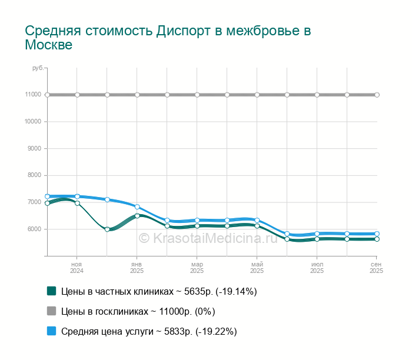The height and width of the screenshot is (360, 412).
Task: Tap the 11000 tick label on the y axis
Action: (33, 95)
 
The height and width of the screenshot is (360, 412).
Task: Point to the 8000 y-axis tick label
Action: (34, 175)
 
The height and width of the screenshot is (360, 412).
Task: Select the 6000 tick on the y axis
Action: (34, 229)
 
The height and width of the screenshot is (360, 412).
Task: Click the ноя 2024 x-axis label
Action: (77, 268)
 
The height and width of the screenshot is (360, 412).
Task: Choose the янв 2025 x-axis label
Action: (137, 268)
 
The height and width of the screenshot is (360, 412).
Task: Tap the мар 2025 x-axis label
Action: (197, 268)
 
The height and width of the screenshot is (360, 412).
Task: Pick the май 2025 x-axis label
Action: (257, 268)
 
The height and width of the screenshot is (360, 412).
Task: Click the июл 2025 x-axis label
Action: (317, 268)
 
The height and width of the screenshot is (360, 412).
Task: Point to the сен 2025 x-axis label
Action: (376, 268)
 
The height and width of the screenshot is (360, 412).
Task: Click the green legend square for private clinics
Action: (51, 291)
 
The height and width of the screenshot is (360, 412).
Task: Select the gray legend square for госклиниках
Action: (51, 311)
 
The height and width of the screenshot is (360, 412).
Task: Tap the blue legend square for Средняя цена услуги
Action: (51, 331)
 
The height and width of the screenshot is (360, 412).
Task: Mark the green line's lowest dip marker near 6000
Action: (107, 229)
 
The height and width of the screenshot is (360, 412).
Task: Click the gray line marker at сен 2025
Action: (377, 95)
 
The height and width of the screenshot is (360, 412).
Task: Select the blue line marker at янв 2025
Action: (137, 207)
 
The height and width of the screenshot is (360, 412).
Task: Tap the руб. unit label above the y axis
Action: (38, 68)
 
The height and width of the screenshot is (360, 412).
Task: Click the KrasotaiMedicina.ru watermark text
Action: (207, 238)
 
